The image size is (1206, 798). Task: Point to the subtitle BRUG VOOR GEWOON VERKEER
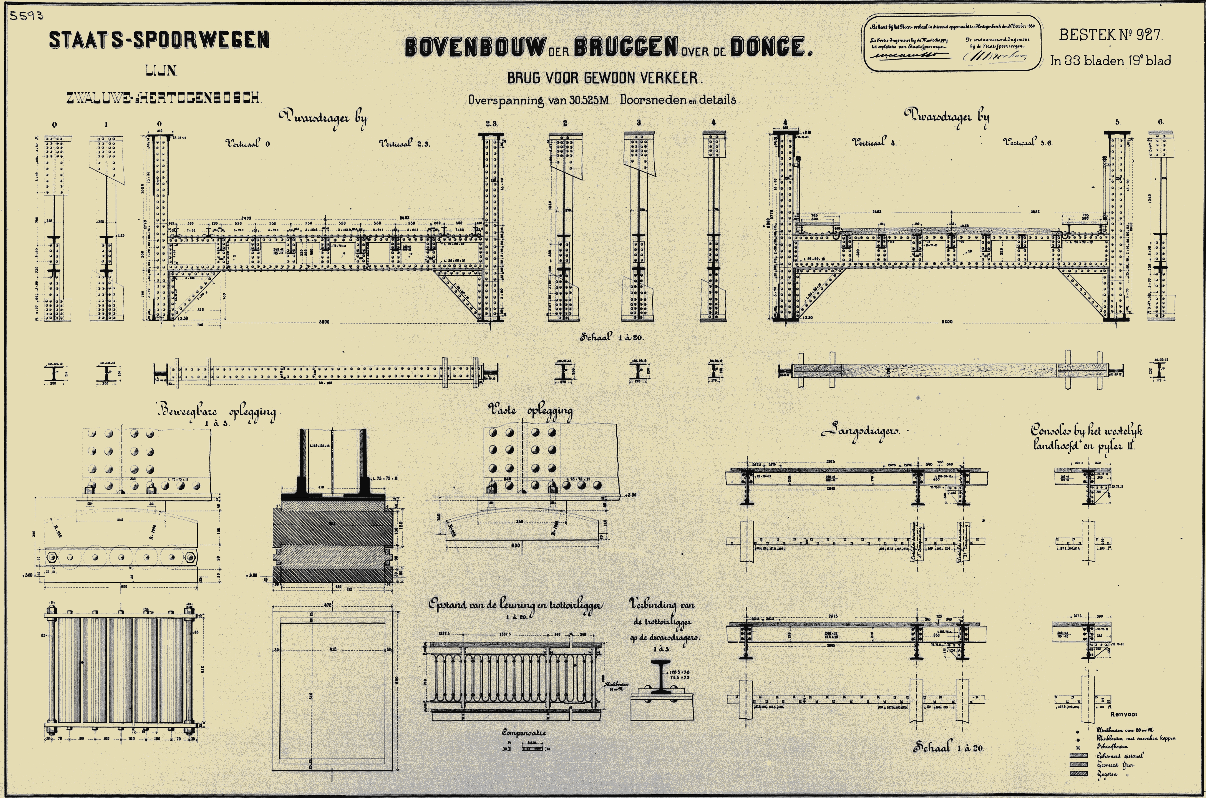[x=605, y=78]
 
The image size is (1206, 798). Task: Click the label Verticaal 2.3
[x=405, y=144]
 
